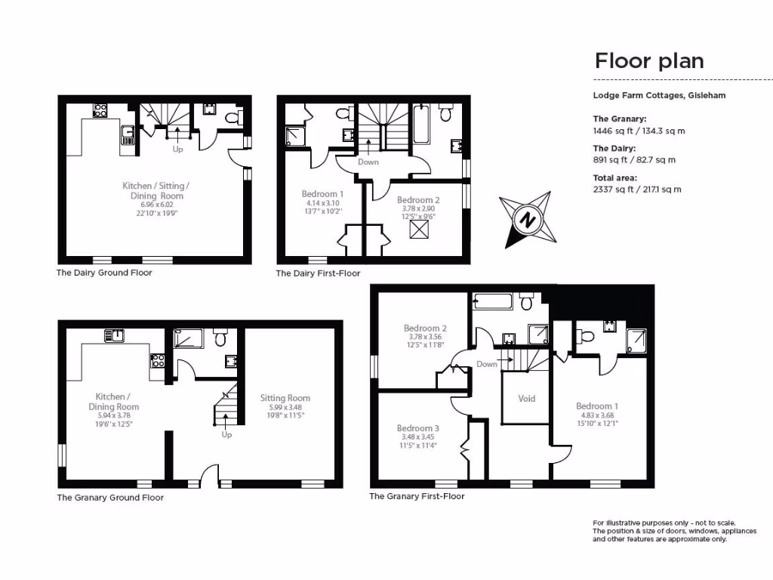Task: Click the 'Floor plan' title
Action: pos(649,60)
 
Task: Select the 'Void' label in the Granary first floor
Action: pos(527,398)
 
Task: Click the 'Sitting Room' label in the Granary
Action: pos(285,398)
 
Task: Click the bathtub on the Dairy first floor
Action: pos(421,124)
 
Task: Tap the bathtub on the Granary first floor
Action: pos(492,303)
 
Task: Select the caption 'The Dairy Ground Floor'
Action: pos(104,273)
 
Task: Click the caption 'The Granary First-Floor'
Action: pos(417,496)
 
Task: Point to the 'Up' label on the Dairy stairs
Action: pos(178,149)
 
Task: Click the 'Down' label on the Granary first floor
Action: pos(487,364)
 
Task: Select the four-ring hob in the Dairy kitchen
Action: pos(100,110)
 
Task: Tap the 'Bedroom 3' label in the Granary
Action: pos(417,428)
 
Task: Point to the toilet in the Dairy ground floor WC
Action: pos(239,118)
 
